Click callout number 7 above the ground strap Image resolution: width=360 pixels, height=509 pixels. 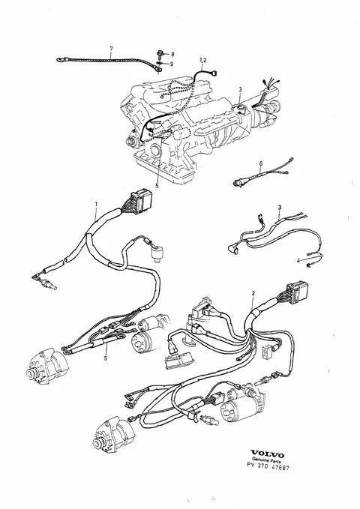tap(111, 49)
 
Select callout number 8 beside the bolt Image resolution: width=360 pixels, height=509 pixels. tap(172, 54)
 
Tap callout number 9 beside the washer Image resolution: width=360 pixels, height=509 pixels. tap(172, 64)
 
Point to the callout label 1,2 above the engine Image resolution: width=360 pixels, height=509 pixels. tap(202, 60)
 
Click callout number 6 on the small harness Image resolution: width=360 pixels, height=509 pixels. tap(260, 165)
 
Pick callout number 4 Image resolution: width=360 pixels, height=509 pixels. tap(298, 260)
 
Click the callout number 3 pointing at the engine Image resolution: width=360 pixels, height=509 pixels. tap(240, 89)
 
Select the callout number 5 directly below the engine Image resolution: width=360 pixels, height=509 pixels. tap(157, 186)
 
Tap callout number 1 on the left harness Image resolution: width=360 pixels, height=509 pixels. tap(96, 204)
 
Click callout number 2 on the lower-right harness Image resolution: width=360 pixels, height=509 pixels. tap(253, 293)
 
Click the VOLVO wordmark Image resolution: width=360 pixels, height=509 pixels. tap(268, 455)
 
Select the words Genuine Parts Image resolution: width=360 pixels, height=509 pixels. tap(267, 461)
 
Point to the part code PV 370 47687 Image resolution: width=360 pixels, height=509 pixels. tap(268, 467)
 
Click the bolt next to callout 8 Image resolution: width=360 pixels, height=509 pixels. tap(160, 53)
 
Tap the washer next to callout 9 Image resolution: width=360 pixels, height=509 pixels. tap(160, 63)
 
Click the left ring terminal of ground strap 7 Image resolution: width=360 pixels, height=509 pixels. tap(60, 60)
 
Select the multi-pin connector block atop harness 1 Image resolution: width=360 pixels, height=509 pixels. tap(141, 199)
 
